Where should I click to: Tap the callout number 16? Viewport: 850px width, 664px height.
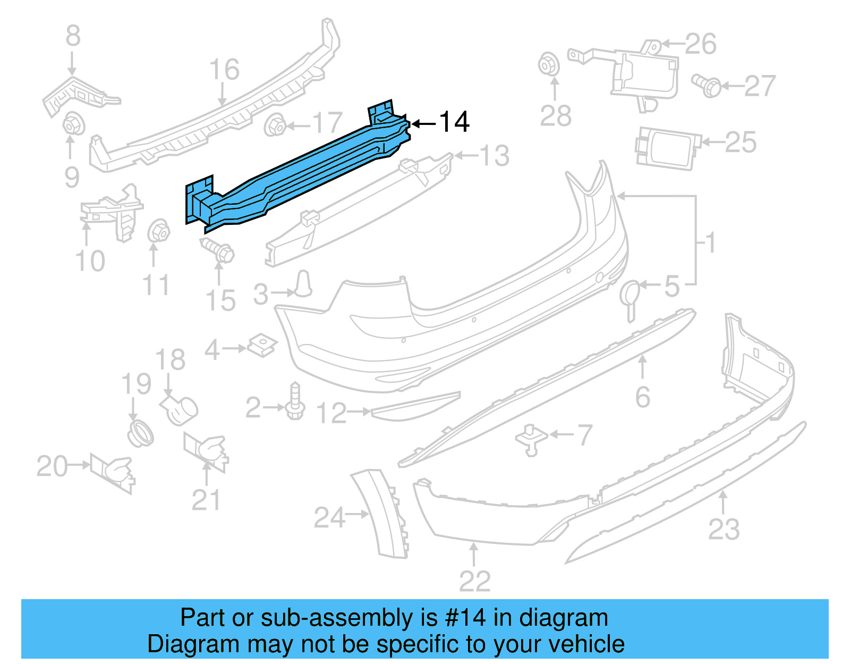(x=224, y=70)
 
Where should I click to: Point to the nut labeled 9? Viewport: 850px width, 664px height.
(x=73, y=125)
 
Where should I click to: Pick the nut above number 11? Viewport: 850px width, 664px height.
(x=158, y=231)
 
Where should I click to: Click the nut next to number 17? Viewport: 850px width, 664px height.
(x=275, y=126)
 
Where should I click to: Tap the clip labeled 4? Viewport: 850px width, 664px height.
(x=263, y=345)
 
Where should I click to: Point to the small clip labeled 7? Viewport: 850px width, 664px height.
(x=531, y=439)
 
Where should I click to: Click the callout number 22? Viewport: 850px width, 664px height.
(x=474, y=581)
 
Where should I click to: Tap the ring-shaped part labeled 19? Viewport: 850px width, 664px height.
(x=140, y=433)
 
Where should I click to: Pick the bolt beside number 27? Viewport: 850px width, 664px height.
(x=707, y=85)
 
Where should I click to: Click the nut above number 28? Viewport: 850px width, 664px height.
(x=549, y=65)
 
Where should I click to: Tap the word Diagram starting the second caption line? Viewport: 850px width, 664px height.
(x=178, y=644)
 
